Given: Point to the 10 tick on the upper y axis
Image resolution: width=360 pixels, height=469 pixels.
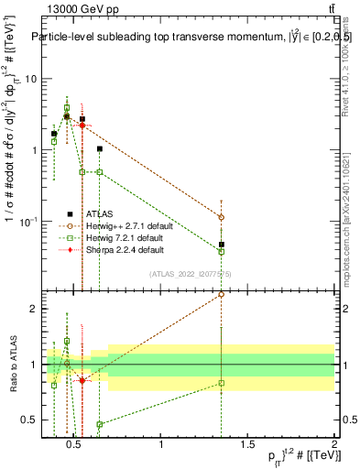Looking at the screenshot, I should point(30,79).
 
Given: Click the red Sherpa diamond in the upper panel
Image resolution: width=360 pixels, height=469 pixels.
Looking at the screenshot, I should point(82,125).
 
